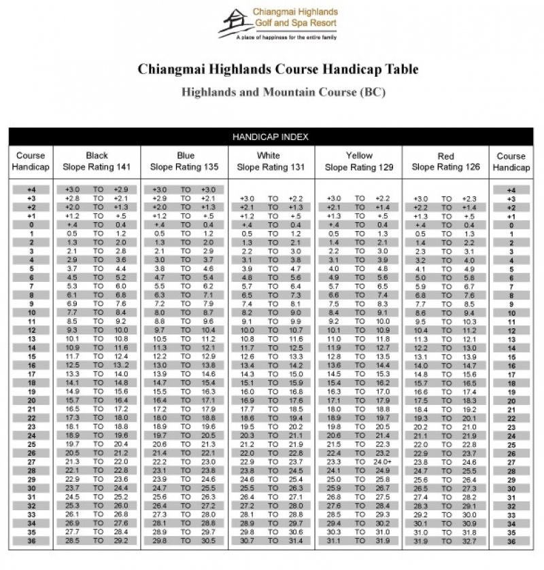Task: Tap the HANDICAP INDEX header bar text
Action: coord(271,137)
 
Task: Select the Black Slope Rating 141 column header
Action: coord(97,161)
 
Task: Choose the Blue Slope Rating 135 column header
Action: coord(185,161)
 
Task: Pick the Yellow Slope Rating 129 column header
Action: coord(359,161)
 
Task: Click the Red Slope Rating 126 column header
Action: coord(446,161)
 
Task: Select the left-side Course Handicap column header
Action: coord(31,161)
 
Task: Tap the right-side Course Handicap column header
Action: coord(511,161)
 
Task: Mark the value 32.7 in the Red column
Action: coord(470,541)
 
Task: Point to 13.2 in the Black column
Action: coord(121,365)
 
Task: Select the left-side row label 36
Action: coord(31,541)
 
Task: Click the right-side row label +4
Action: coord(511,190)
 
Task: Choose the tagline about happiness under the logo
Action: coord(286,38)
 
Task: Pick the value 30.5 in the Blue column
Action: coord(208,541)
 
